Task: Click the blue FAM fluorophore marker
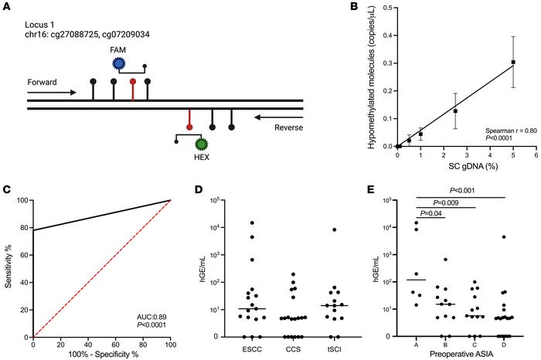pos(118,63)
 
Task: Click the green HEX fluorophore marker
pos(202,144)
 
